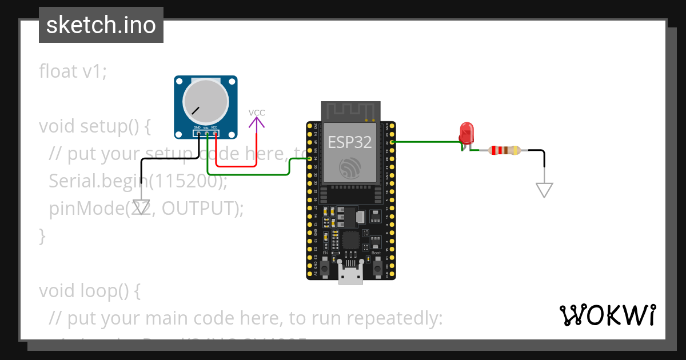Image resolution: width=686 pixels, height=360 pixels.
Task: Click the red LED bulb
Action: (466, 132)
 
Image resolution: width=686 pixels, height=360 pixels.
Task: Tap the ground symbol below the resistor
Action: (544, 190)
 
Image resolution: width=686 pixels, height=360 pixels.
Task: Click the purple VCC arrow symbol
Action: (257, 122)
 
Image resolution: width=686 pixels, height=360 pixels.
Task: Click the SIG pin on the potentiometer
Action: (206, 134)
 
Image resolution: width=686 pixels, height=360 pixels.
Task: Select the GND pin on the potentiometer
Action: (198, 134)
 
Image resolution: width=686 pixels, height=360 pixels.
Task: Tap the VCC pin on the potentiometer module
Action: (215, 134)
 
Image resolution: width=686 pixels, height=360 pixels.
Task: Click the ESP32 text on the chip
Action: (349, 142)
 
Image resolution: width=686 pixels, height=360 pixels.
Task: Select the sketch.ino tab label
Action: (101, 25)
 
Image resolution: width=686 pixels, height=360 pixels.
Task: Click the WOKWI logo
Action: (607, 315)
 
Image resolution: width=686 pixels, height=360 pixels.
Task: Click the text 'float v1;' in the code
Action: (73, 71)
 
